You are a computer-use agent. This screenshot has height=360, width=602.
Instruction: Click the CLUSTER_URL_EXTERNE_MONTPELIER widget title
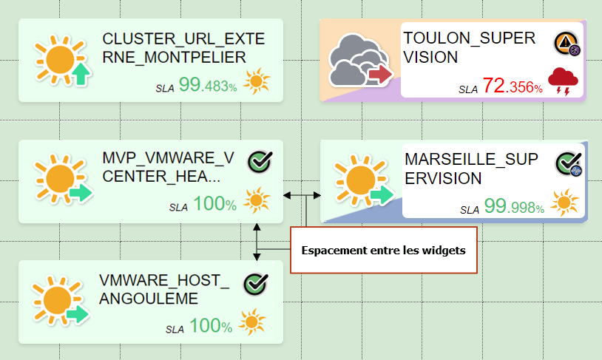pos(183,48)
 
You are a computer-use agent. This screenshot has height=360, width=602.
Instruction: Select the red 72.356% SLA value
pos(513,86)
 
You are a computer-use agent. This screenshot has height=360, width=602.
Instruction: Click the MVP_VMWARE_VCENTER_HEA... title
pos(169,168)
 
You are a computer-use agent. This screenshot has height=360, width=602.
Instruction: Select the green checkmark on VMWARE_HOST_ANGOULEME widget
pos(255,283)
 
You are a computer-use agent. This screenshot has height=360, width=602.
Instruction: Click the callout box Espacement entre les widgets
pos(383,250)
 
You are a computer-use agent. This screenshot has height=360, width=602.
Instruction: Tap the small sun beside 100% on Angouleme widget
pos(252,324)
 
